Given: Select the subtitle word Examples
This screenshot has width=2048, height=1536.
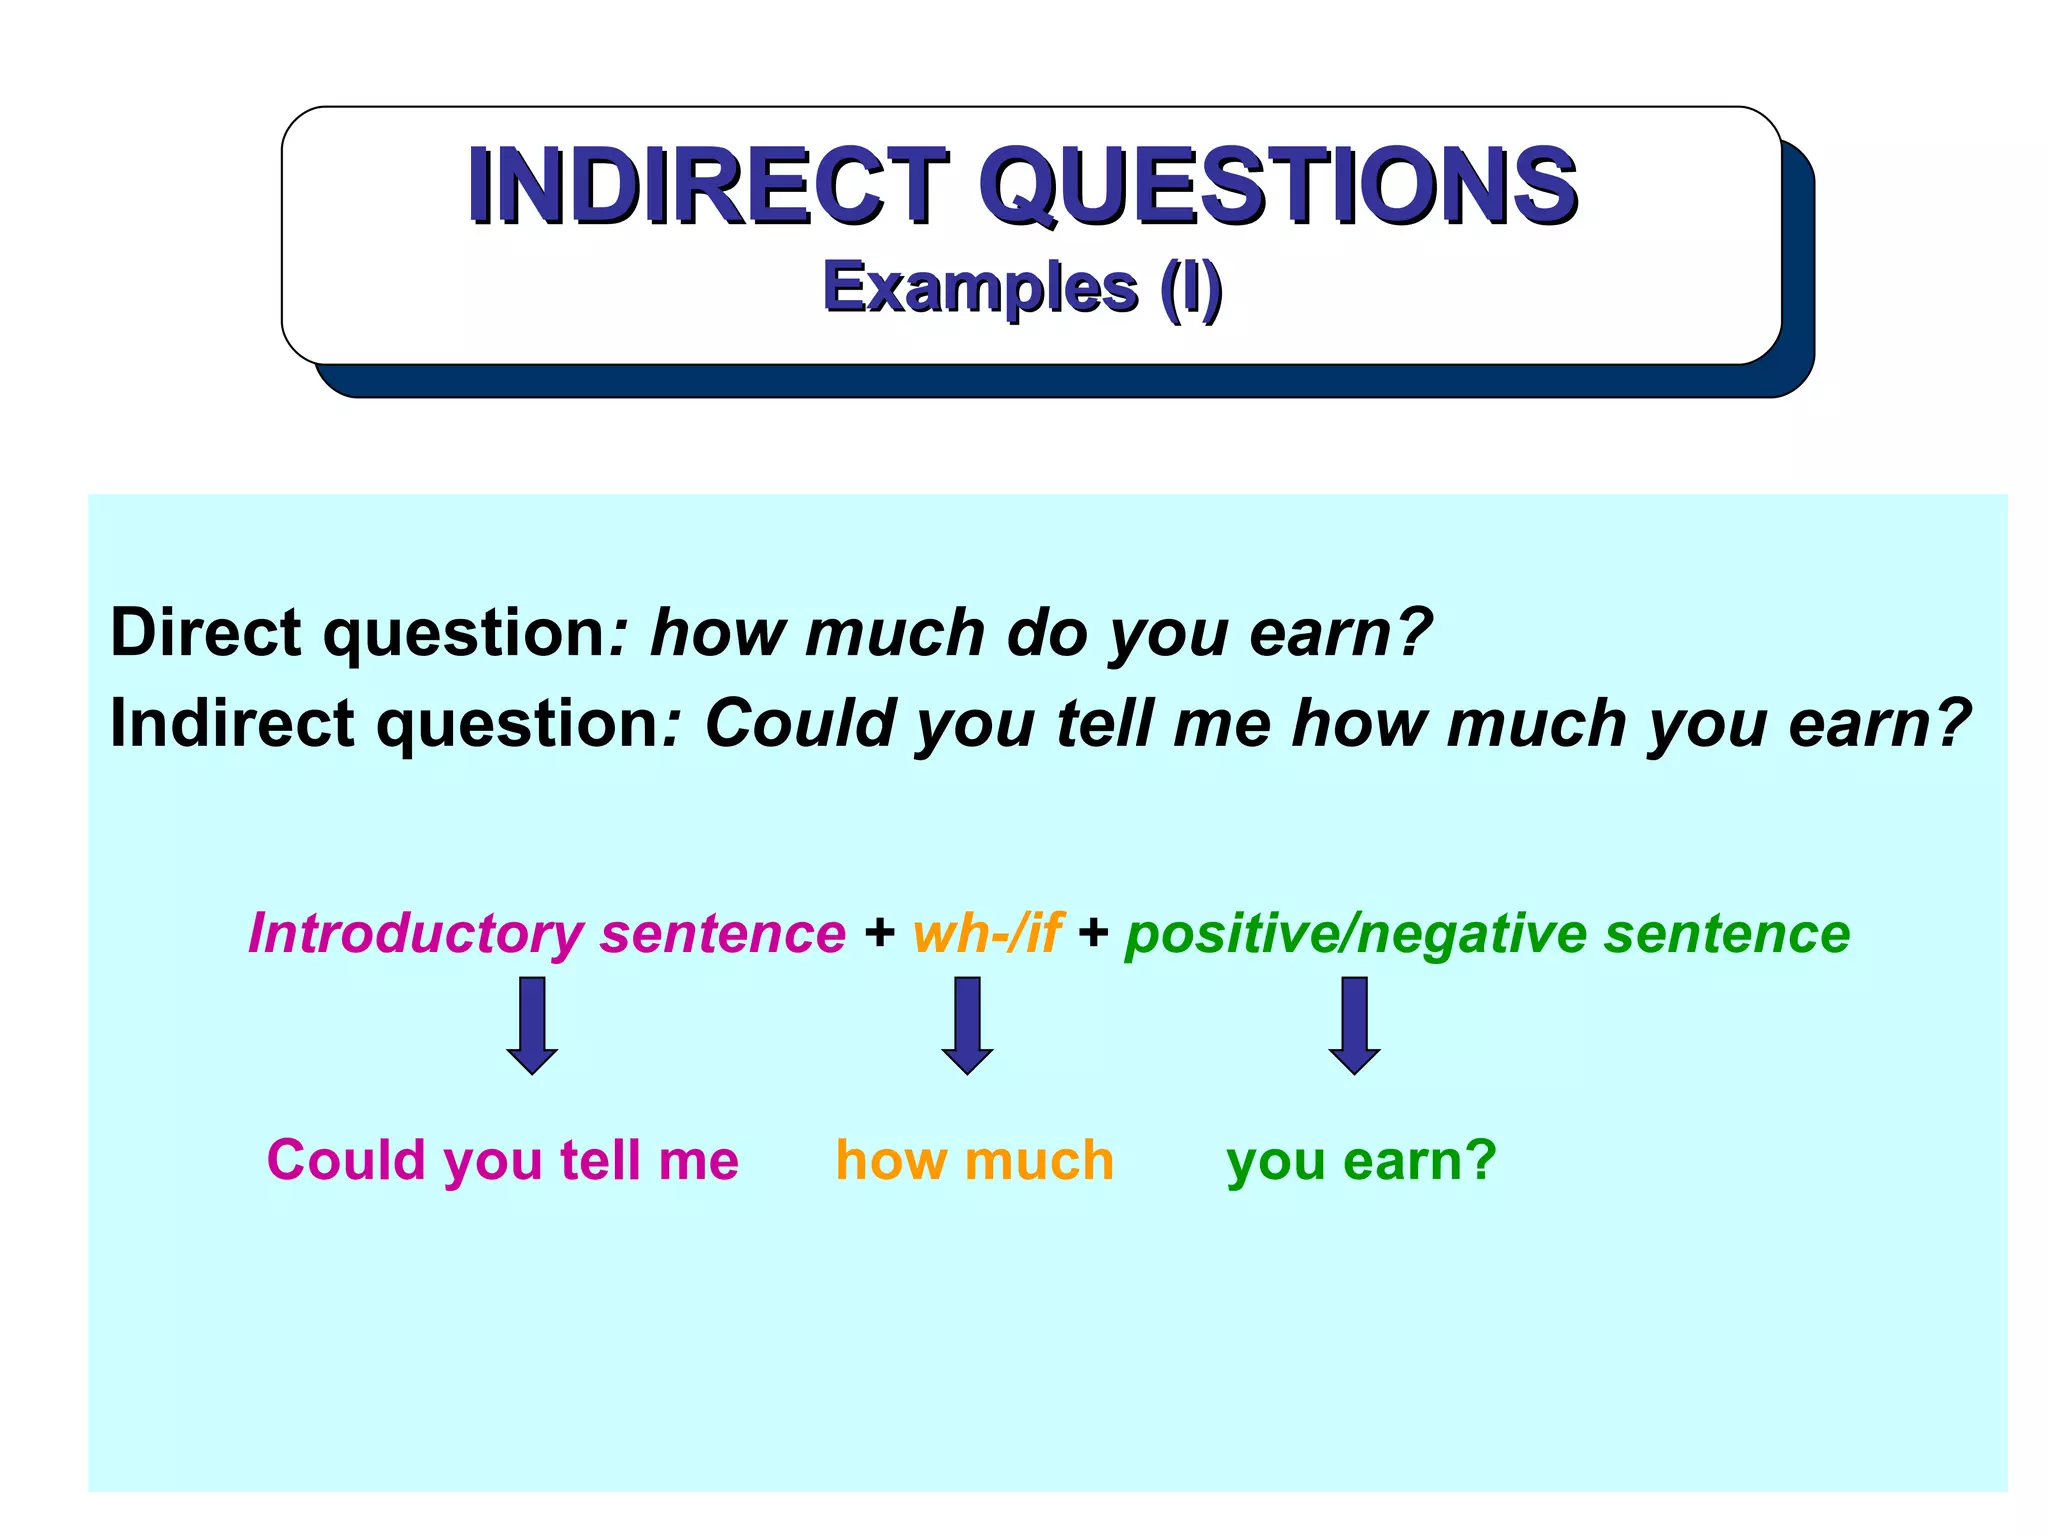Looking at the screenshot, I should coord(979,288).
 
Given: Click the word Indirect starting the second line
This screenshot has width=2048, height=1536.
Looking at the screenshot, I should coord(231,723).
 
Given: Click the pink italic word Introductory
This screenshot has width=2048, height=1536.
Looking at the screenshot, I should coord(415,934).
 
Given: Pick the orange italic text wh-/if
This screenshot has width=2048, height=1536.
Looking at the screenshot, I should coord(986,933).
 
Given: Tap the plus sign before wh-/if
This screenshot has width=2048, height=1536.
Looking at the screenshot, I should coord(880,933).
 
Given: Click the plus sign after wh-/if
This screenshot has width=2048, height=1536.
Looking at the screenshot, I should coord(1093,933).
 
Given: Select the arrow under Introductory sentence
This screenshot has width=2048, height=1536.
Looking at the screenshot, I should coord(532,1025).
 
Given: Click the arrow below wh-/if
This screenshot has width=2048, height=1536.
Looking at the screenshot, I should coord(967,1025).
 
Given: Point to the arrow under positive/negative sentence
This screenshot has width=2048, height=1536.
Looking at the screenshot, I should coord(1354,1025).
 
